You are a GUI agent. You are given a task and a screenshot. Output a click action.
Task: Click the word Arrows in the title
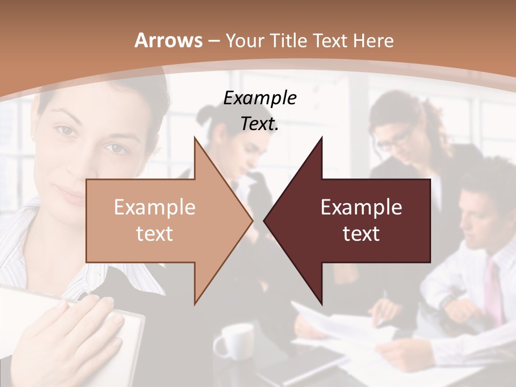coord(168,40)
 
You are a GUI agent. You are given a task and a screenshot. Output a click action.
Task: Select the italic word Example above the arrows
coord(260,98)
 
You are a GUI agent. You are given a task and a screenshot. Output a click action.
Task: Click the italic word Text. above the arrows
coord(260,124)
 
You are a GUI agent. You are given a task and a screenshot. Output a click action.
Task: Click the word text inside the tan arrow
coord(155,233)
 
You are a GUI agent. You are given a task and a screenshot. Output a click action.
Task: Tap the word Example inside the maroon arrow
coord(361,207)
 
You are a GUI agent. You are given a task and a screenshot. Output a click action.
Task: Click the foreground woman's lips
coord(73,193)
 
